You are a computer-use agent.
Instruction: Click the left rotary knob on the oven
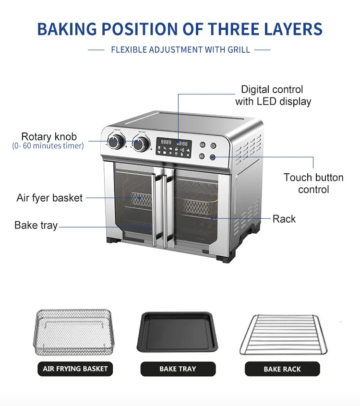(x=115, y=141)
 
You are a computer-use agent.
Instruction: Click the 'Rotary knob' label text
(x=49, y=137)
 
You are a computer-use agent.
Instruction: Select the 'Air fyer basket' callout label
(x=49, y=198)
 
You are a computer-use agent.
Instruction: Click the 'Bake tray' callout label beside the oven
(x=36, y=225)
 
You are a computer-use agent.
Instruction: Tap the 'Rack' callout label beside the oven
(x=284, y=219)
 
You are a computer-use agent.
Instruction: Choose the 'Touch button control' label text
(x=313, y=183)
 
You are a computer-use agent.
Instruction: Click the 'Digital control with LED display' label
(x=273, y=95)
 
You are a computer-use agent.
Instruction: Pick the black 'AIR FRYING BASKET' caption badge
(x=75, y=369)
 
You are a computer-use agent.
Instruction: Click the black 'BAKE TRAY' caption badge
(x=178, y=369)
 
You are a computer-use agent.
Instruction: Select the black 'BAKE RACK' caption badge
(x=282, y=369)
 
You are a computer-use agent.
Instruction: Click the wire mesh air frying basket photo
(x=73, y=331)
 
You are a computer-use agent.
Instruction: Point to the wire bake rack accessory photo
(x=283, y=334)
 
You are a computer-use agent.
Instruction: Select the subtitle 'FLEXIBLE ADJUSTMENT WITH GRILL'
(x=180, y=49)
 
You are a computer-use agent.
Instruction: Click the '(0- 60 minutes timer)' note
(x=48, y=146)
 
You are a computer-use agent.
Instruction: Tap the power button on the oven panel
(x=213, y=145)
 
